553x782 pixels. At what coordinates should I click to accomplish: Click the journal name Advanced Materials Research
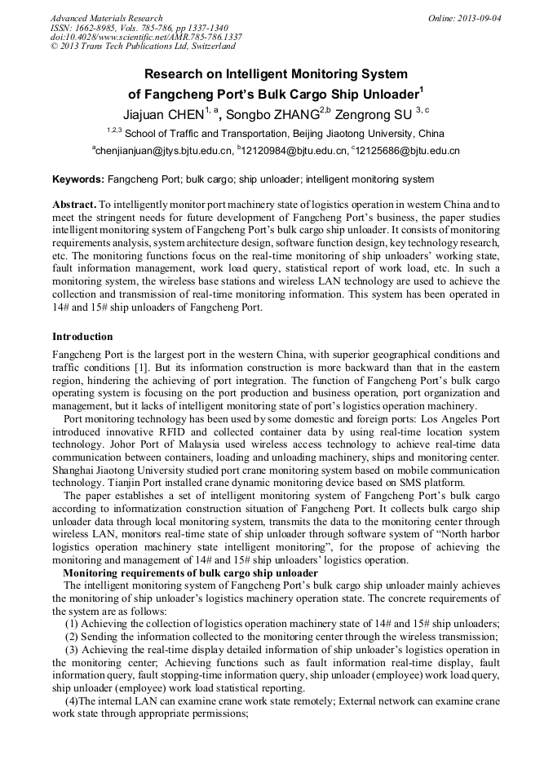click(x=106, y=18)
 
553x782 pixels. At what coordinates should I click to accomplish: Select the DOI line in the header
click(x=146, y=38)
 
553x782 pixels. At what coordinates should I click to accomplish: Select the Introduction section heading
click(x=82, y=336)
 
